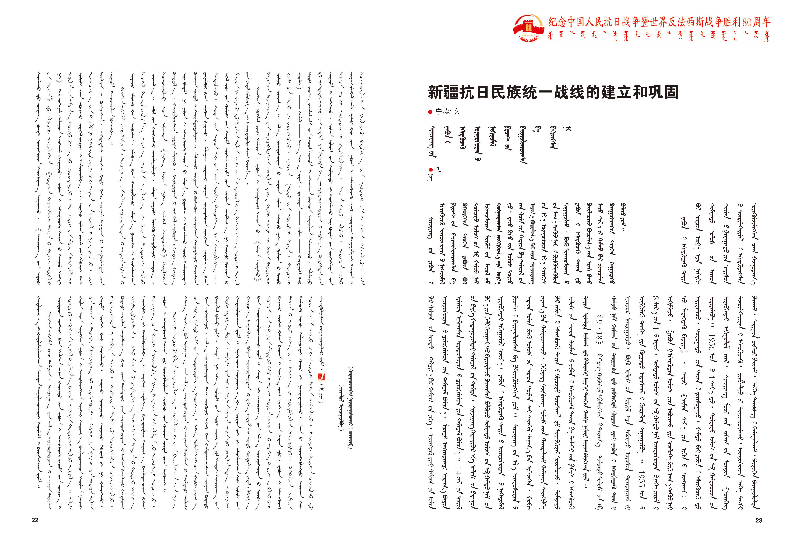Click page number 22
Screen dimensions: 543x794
tap(35, 520)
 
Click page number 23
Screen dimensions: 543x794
tap(759, 520)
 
